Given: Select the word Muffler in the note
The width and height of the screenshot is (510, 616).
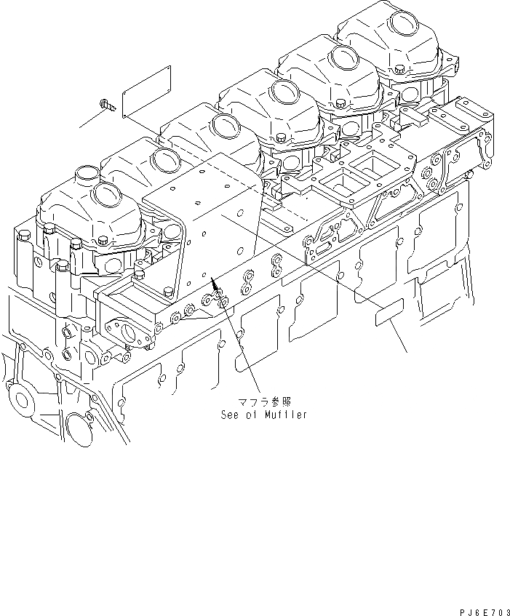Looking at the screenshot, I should click(x=284, y=415).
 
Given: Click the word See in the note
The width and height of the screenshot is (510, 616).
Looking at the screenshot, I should click(x=231, y=415).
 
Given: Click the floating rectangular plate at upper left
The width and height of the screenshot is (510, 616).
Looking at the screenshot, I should click(x=146, y=90).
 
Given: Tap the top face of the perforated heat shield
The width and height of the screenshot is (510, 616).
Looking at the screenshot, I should click(x=211, y=189).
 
